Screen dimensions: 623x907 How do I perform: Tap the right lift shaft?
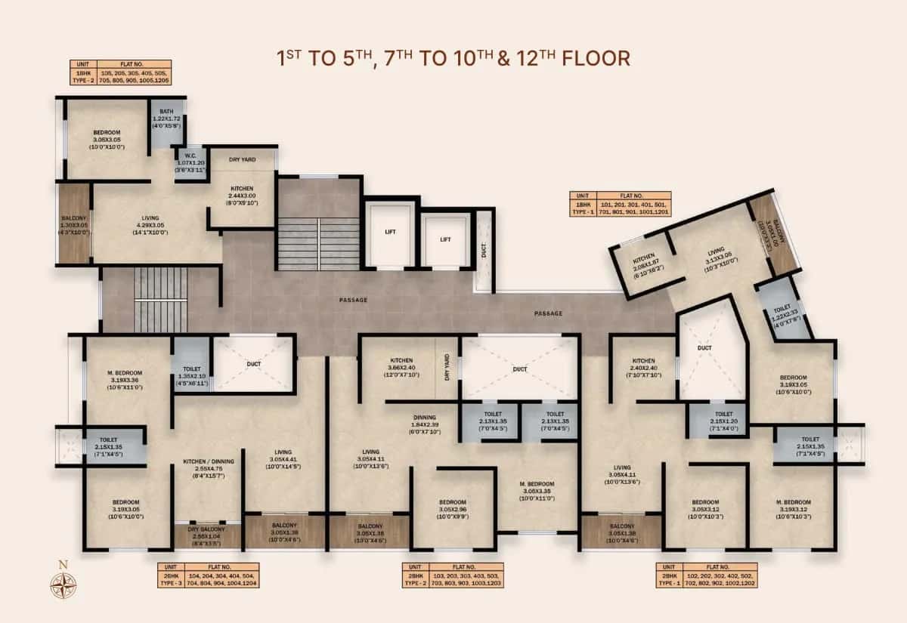(444, 239)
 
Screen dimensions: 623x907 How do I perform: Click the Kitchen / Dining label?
(206, 470)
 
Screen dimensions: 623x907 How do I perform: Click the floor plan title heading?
(453, 58)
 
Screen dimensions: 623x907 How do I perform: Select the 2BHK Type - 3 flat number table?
(209, 575)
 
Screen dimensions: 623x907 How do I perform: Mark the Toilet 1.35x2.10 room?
(190, 365)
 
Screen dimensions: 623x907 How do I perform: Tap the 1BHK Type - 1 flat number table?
(621, 204)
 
